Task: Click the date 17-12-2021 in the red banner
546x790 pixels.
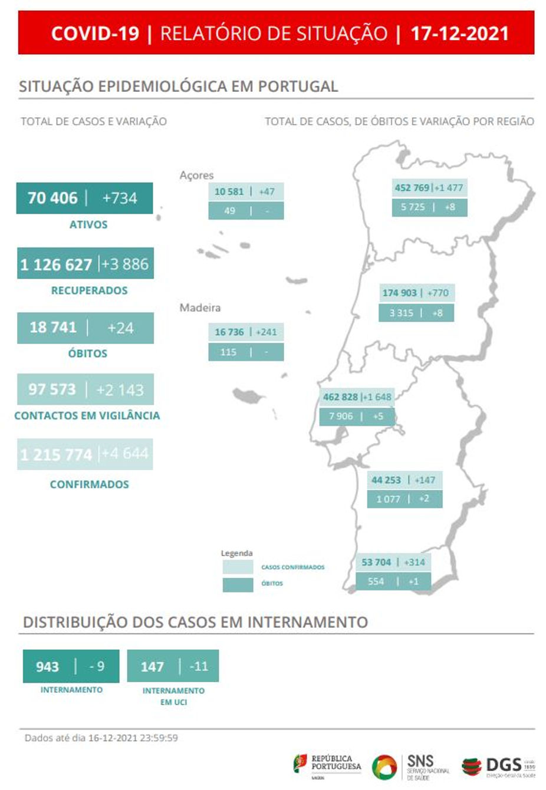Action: (x=459, y=33)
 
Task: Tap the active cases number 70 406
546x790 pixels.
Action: (x=52, y=198)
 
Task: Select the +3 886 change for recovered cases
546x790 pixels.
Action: (x=125, y=264)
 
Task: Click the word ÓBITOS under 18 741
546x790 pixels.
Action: (x=88, y=353)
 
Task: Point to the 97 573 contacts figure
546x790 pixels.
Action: (x=52, y=389)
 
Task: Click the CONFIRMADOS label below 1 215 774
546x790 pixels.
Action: (x=89, y=484)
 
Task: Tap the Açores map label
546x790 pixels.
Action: (x=196, y=175)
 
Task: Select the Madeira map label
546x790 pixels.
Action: (x=200, y=308)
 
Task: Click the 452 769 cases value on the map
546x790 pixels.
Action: (x=412, y=188)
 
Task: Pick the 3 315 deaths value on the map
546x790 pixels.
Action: (x=401, y=313)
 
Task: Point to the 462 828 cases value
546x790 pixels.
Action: (x=340, y=397)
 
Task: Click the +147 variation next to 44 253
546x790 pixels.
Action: (x=425, y=480)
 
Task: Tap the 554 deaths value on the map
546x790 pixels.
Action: (x=376, y=581)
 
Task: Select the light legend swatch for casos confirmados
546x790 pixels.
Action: (x=238, y=567)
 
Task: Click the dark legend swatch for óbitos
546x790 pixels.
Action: (x=238, y=584)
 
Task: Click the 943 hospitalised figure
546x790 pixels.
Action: (x=47, y=666)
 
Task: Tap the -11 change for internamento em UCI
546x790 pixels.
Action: (x=199, y=666)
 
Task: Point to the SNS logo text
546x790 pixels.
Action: (x=420, y=761)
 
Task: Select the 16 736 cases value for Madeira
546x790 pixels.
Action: (x=229, y=332)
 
